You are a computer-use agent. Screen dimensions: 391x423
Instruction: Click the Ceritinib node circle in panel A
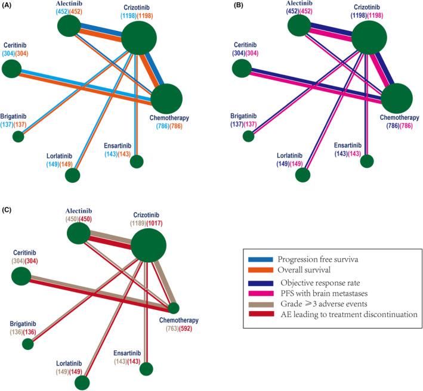tap(11, 69)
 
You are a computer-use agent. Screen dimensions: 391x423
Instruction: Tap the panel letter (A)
tap(10, 7)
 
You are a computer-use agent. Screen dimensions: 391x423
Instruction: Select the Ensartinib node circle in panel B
tap(368, 160)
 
